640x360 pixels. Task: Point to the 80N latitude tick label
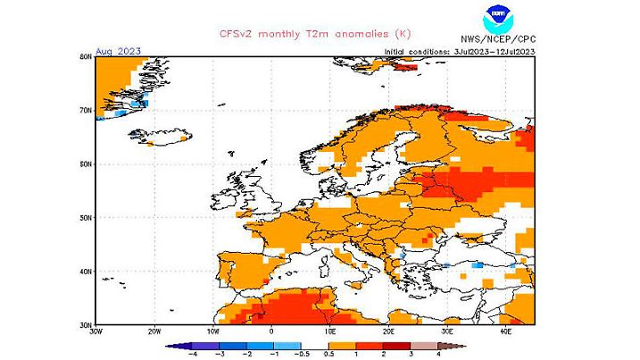pyautogui.click(x=86, y=55)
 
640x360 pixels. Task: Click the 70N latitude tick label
pyautogui.click(x=86, y=110)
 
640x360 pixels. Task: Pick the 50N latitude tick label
pyautogui.click(x=86, y=217)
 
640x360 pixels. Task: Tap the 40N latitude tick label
pyautogui.click(x=86, y=271)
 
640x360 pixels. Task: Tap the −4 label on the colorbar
pyautogui.click(x=191, y=353)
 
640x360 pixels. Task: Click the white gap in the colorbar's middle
pyautogui.click(x=315, y=344)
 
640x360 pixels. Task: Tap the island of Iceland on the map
pyautogui.click(x=163, y=138)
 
